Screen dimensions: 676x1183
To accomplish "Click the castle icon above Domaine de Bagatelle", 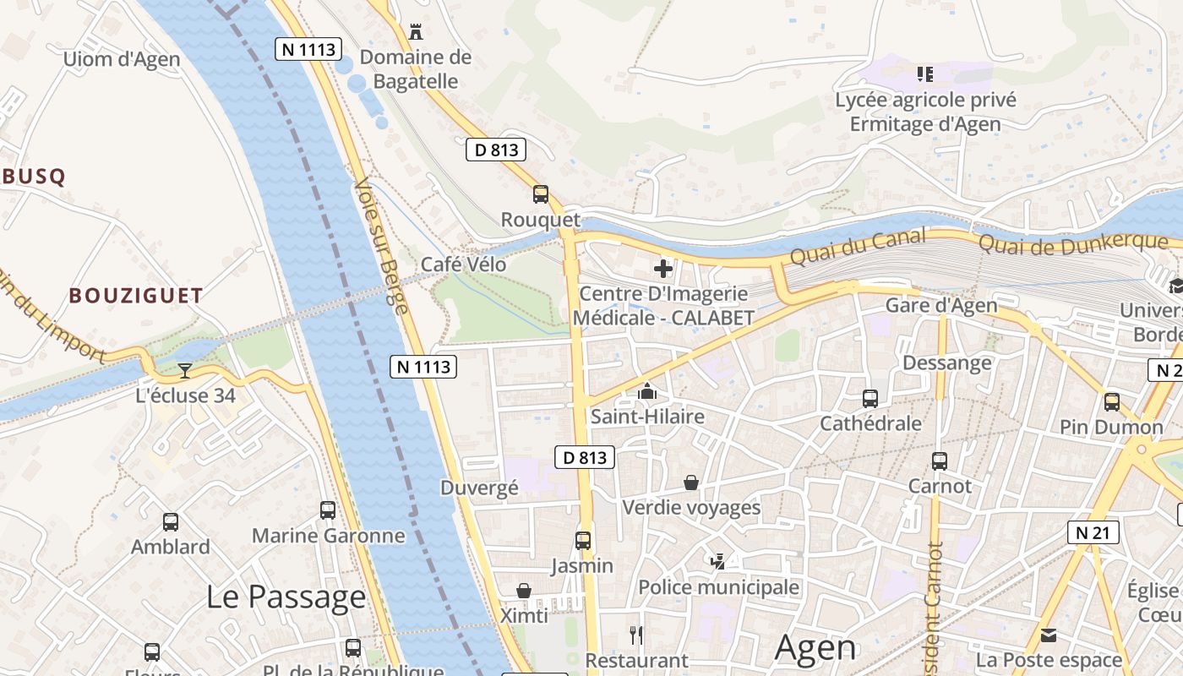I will [416, 32].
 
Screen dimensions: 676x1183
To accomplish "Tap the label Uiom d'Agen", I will [122, 59].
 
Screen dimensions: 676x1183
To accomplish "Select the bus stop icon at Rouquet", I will [541, 194].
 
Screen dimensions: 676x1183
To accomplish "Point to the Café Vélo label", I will [463, 264].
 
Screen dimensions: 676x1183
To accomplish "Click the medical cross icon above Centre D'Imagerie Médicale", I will [663, 269].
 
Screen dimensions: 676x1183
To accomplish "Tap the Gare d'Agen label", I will [940, 306].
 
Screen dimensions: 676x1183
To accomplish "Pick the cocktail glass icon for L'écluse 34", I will [185, 370].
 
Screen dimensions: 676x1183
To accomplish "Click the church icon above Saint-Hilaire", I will [647, 391].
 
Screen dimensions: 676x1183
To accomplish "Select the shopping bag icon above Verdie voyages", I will [691, 482].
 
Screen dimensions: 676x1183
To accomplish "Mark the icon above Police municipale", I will [718, 561].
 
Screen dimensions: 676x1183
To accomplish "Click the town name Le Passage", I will [286, 597].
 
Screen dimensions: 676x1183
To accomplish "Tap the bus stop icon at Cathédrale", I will [870, 398].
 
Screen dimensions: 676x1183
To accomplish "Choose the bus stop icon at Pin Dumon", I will [1112, 401].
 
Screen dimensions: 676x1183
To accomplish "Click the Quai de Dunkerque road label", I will [1072, 243].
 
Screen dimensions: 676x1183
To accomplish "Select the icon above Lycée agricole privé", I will [925, 74].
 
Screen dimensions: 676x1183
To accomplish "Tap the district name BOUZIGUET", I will [136, 296].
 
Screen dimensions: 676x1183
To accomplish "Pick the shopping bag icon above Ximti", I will [524, 590].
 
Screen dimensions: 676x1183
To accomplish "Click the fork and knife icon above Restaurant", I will [636, 635].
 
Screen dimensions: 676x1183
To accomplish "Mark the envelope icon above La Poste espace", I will [1049, 635].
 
